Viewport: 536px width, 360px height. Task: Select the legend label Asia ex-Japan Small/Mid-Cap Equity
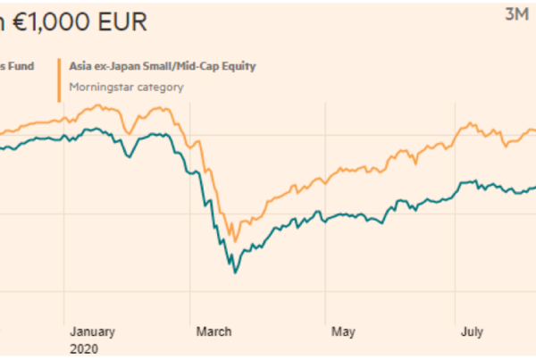(160, 65)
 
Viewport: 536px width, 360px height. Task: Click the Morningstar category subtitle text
(126, 87)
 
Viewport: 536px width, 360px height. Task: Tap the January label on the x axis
(92, 332)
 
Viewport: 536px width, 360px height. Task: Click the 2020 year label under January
(84, 349)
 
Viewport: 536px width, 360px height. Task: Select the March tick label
(215, 332)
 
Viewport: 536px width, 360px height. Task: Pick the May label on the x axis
(343, 332)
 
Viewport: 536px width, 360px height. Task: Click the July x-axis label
(472, 332)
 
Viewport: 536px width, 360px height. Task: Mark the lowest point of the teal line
(235, 272)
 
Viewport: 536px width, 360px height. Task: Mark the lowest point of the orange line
(235, 240)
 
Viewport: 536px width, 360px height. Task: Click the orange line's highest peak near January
(100, 105)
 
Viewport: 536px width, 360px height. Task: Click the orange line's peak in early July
(465, 124)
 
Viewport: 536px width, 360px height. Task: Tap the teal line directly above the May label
(343, 215)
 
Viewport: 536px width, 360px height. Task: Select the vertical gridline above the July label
(457, 223)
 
